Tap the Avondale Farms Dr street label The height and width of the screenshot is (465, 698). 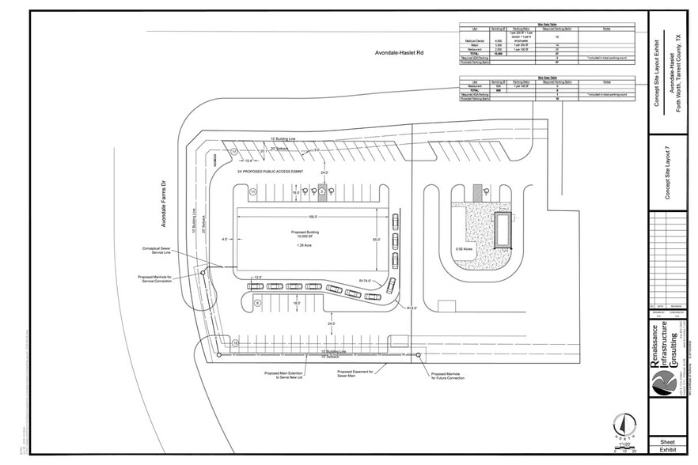click(164, 205)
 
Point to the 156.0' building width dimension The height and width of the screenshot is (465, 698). click(313, 217)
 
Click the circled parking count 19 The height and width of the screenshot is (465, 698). click(236, 342)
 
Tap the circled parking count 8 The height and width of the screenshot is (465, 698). click(257, 303)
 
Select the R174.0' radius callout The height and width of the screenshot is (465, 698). click(366, 280)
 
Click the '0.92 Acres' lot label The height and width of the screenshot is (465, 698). click(464, 250)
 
